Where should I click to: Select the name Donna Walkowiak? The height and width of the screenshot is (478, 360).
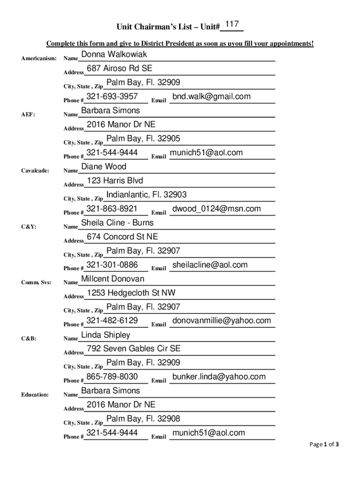click(114, 55)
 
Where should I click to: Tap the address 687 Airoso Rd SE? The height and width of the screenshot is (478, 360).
click(120, 69)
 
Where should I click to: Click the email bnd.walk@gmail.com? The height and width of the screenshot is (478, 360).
click(211, 97)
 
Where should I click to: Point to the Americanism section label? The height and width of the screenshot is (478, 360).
click(39, 59)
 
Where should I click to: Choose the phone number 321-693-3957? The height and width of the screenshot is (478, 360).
click(112, 97)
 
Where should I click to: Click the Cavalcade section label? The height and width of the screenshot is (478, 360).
click(35, 171)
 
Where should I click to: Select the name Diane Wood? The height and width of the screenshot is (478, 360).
click(104, 167)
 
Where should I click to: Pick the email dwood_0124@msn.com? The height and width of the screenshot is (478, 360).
click(216, 209)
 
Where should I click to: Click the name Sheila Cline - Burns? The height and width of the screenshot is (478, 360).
click(117, 223)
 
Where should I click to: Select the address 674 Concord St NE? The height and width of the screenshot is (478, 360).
click(122, 237)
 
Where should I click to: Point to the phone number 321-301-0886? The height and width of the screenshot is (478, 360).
click(112, 265)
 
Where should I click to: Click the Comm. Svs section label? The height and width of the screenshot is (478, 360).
click(36, 283)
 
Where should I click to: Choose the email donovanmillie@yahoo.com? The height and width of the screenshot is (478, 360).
click(222, 321)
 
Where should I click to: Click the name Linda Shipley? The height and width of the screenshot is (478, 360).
click(106, 335)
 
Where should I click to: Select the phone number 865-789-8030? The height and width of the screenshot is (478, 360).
click(112, 377)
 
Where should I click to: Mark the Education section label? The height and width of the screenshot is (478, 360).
click(35, 395)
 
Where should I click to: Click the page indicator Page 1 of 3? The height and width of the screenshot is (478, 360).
click(324, 444)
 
